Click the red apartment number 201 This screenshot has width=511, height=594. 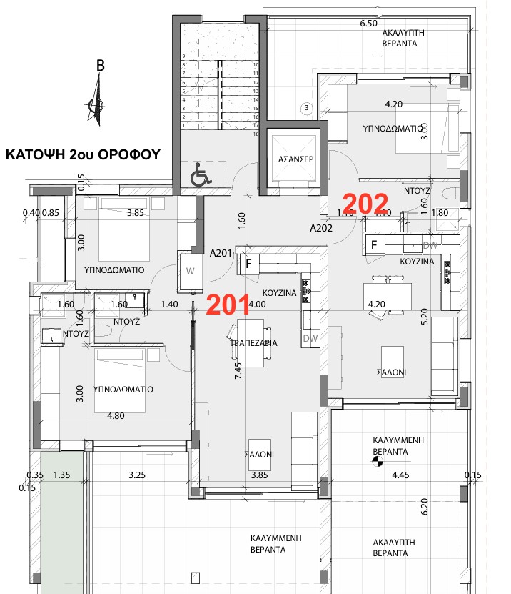(x=226, y=305)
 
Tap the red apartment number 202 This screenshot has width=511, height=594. (x=365, y=204)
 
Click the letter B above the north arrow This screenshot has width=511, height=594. (x=101, y=66)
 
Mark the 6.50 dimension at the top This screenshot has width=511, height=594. (x=368, y=24)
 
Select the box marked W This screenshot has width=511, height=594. (x=190, y=272)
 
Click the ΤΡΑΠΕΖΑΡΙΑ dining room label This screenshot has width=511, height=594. (x=253, y=343)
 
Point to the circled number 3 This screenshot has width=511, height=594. (x=306, y=109)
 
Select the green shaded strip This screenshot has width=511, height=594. (x=64, y=522)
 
